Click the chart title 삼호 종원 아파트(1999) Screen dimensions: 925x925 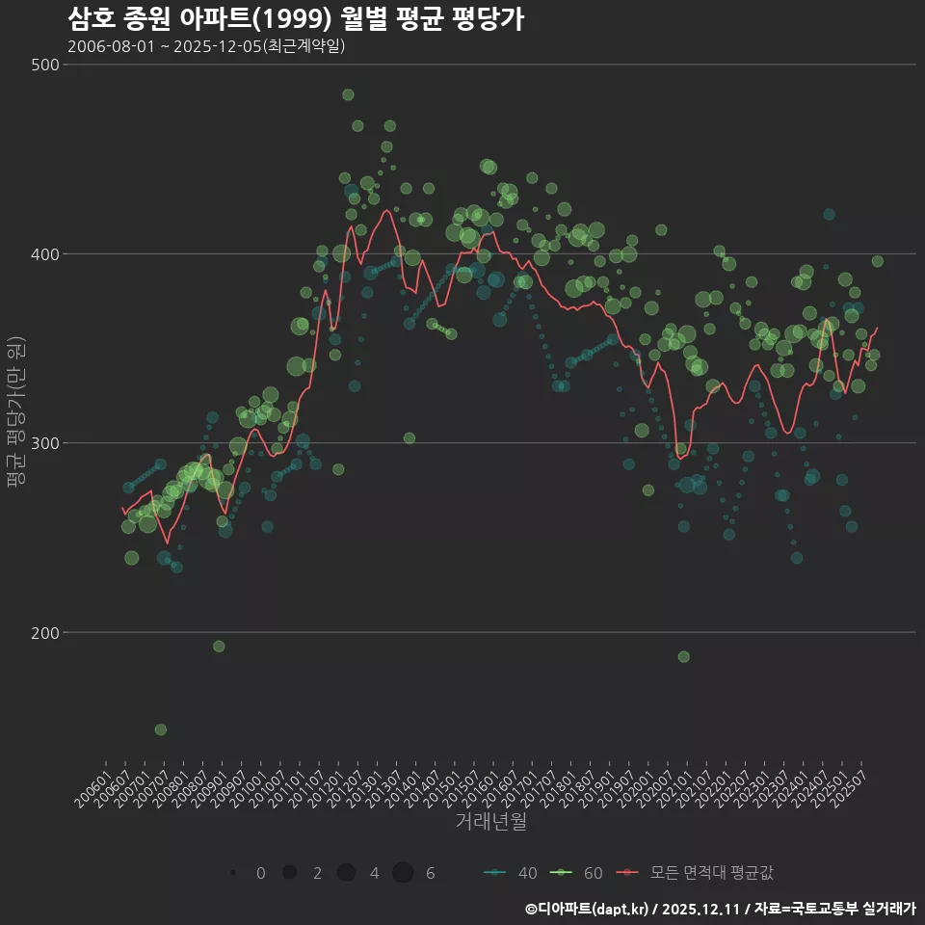click(x=296, y=18)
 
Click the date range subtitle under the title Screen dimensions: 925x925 click(x=206, y=46)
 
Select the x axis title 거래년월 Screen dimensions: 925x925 click(x=490, y=822)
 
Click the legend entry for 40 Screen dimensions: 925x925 click(x=510, y=873)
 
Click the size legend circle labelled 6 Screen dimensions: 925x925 click(x=403, y=873)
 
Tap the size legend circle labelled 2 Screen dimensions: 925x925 click(x=289, y=873)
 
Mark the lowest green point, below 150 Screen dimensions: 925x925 click(x=161, y=729)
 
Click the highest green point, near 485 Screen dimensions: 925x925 click(x=348, y=94)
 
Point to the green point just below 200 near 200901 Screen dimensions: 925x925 click(x=219, y=647)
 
